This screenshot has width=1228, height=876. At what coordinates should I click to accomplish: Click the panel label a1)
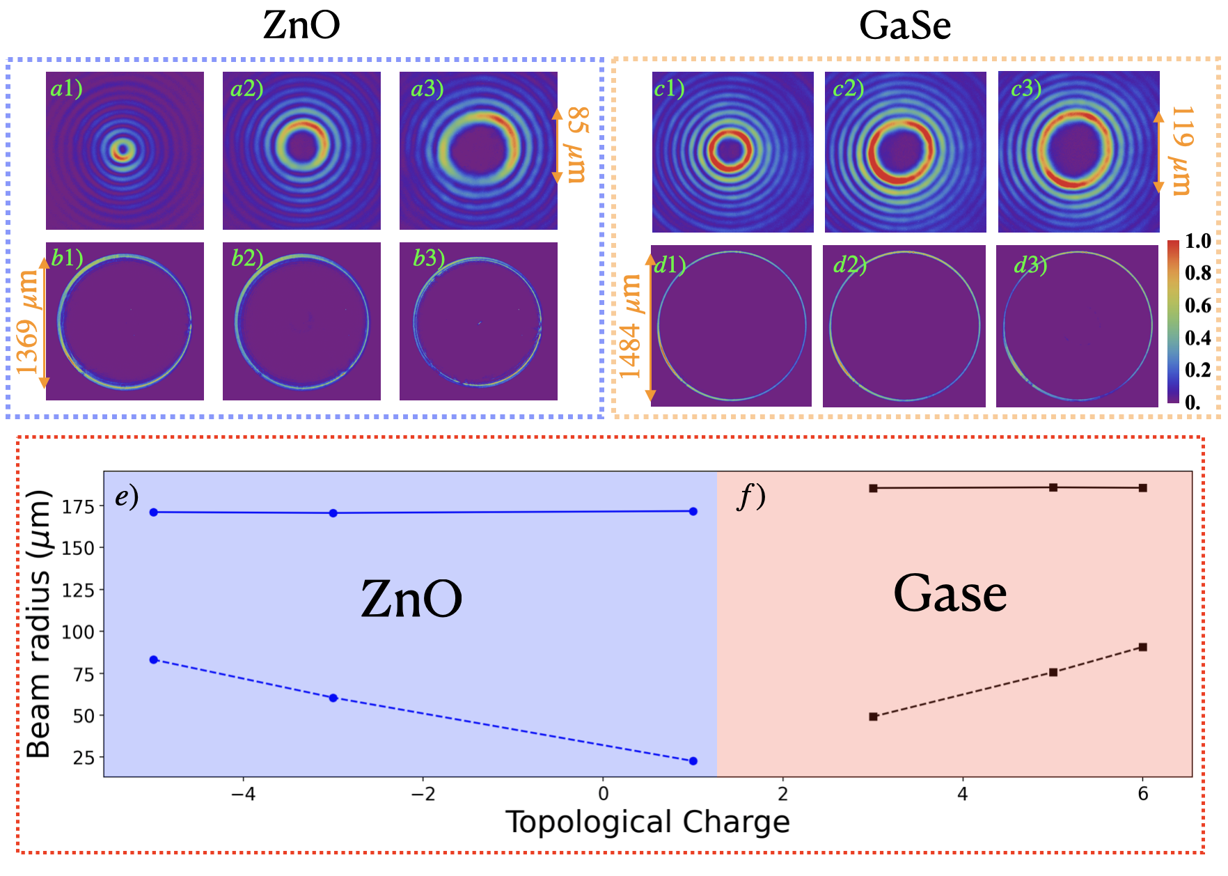[x=67, y=88]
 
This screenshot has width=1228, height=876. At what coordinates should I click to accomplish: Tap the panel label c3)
[x=1026, y=88]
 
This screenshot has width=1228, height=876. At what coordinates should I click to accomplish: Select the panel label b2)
[x=247, y=258]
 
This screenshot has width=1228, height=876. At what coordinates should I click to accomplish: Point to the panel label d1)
[x=670, y=265]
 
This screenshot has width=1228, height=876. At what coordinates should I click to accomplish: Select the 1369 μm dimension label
[x=28, y=322]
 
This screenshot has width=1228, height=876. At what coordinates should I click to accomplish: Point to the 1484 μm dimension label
[x=631, y=326]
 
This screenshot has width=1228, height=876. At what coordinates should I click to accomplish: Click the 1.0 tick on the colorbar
[x=1198, y=241]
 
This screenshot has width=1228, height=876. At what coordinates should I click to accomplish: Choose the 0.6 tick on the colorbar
[x=1198, y=306]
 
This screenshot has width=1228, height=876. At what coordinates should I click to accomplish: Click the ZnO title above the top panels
[x=301, y=25]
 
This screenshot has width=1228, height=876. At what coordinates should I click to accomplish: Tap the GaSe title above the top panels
[x=904, y=26]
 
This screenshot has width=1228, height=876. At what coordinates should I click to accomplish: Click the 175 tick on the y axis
[x=78, y=507]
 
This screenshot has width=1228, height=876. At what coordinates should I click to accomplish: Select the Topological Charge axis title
[x=647, y=822]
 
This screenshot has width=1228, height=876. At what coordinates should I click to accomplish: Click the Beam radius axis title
[x=38, y=624]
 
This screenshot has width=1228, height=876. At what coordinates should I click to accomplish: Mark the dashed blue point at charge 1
[x=693, y=761]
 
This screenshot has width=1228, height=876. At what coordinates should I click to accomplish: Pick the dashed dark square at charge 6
[x=1142, y=647]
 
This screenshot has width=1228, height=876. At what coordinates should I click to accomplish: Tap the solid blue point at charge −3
[x=333, y=513]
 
